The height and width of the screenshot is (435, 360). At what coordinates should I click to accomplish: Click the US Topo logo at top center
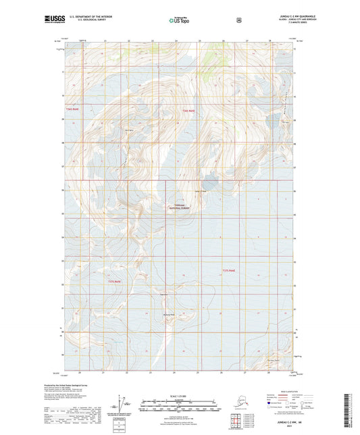tap(180, 21)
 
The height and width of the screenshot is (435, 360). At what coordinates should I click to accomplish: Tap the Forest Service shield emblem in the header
tap(238, 20)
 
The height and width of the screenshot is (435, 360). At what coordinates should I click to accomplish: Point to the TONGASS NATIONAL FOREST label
tap(180, 209)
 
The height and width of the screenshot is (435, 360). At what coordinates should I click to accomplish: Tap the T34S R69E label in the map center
tap(188, 109)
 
